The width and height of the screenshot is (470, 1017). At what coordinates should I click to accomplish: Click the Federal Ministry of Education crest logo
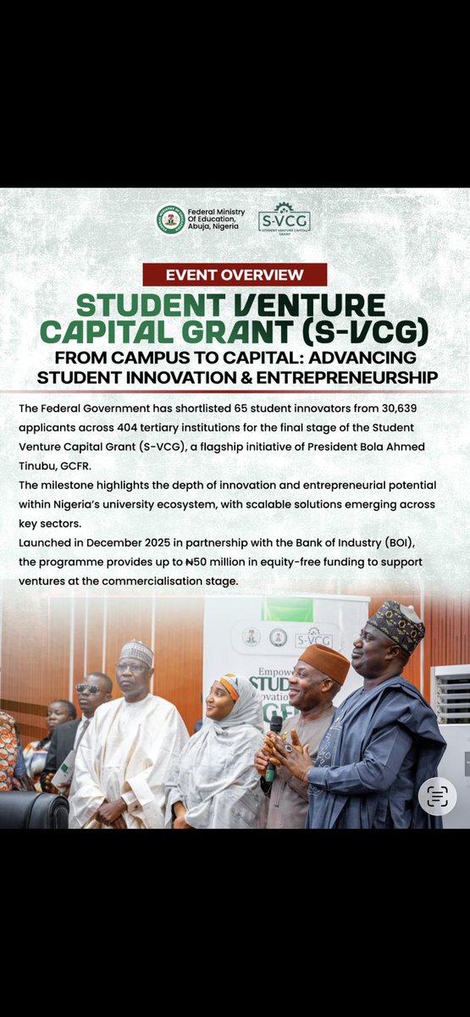[170, 220]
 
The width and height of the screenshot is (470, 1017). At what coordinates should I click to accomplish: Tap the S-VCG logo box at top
[284, 220]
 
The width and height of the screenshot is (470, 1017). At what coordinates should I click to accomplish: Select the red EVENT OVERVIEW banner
[235, 275]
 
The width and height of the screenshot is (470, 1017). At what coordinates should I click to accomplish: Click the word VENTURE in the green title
[308, 304]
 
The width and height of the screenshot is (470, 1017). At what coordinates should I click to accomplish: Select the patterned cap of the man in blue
[396, 625]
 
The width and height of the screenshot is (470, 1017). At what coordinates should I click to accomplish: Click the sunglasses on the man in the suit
[89, 688]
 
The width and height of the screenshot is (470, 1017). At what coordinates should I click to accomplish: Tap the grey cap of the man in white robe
[136, 653]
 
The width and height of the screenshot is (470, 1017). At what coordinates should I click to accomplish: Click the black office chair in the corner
[34, 809]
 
